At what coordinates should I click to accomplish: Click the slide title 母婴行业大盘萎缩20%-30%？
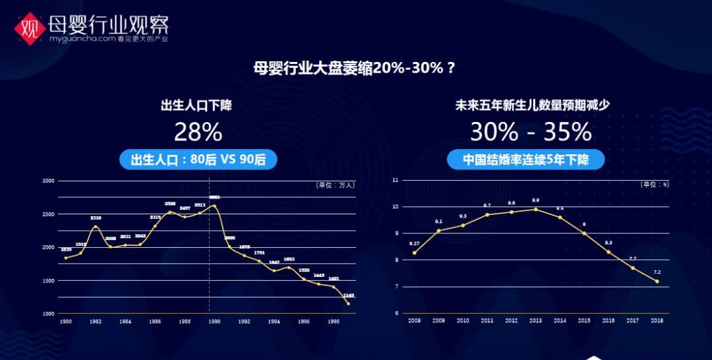point(355,69)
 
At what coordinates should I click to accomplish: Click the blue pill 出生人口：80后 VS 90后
point(198,160)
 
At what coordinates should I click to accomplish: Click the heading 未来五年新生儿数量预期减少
point(528,105)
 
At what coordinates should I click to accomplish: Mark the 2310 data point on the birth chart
point(96,227)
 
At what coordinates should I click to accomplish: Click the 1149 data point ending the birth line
point(349,303)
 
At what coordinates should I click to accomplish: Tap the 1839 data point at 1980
point(66,258)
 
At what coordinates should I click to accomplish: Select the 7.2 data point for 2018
point(657,282)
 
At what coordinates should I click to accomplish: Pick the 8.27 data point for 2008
point(415,253)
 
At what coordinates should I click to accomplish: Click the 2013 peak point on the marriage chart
point(535,209)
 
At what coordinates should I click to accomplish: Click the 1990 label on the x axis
point(214,322)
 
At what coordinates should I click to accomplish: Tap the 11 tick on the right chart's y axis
point(395,180)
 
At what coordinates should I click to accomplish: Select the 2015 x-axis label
point(584,320)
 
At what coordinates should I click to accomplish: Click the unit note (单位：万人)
point(336,185)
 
